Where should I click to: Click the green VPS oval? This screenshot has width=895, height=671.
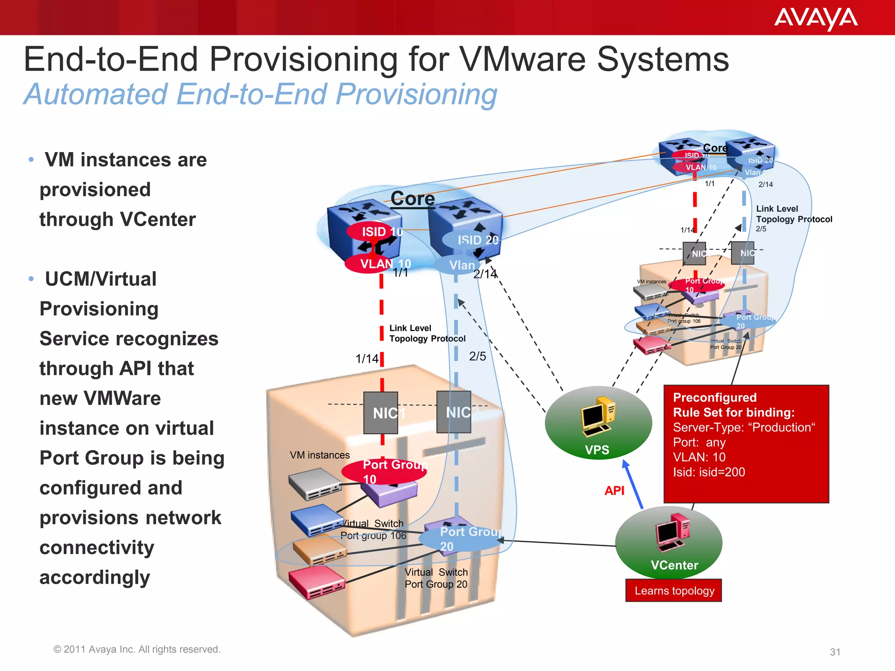[598, 423]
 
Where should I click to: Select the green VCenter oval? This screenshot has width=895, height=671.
[669, 543]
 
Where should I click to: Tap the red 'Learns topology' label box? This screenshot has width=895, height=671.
[673, 591]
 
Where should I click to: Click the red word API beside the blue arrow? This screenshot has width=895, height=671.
[614, 491]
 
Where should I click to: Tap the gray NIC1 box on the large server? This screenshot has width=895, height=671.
[381, 413]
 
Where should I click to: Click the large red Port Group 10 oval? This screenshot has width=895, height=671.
[383, 471]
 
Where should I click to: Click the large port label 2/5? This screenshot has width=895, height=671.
[477, 356]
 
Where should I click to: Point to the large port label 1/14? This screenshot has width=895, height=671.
[367, 359]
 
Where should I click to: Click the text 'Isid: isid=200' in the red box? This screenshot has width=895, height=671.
[708, 472]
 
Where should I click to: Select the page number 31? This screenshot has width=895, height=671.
[835, 652]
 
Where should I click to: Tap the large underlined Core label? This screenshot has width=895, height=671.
[412, 199]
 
